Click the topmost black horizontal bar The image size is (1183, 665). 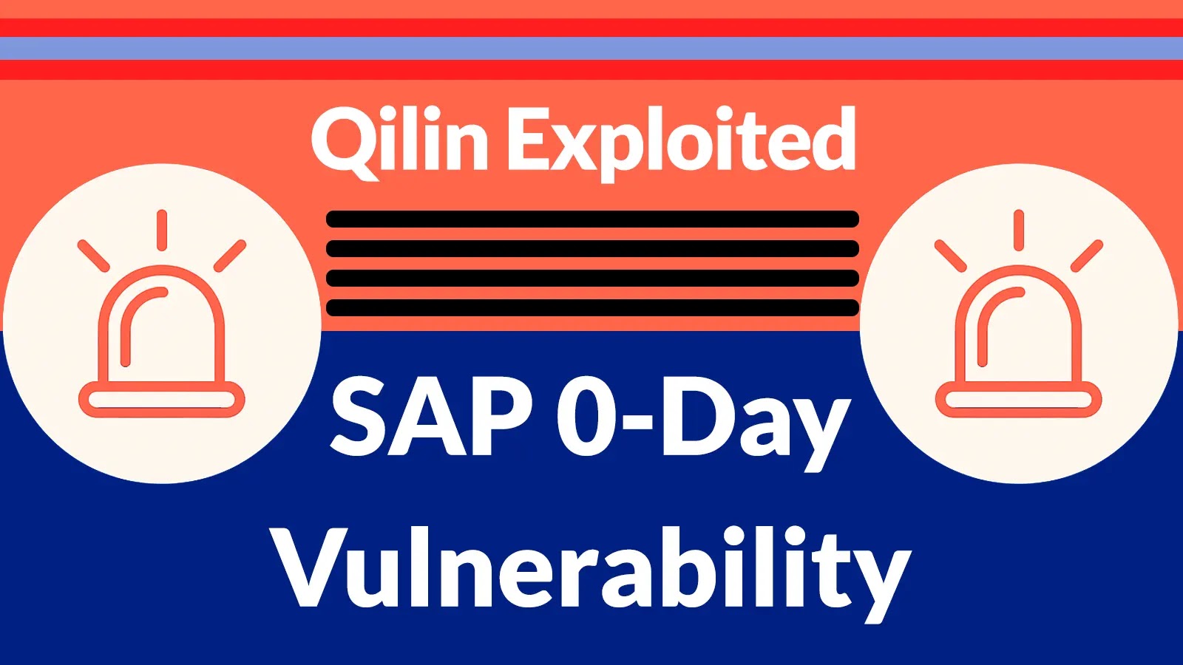pos(592,219)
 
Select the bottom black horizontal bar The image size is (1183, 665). pos(592,307)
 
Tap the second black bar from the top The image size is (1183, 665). pos(592,248)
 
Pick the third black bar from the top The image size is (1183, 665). pos(592,278)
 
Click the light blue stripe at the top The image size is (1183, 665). pos(591,48)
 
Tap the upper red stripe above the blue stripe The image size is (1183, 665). pos(591,27)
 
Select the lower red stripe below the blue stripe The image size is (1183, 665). pos(591,69)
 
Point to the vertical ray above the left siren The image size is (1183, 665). pos(162,230)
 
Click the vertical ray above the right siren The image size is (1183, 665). pos(1020,230)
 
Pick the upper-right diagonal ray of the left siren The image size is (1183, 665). pos(230,256)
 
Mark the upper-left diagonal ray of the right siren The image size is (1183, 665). pos(951,256)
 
